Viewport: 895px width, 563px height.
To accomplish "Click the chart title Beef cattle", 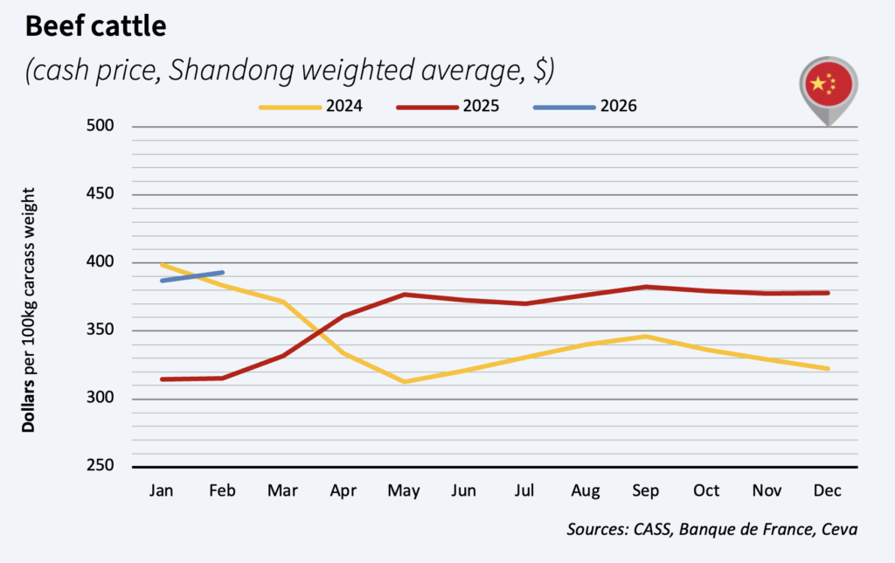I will [x=95, y=26].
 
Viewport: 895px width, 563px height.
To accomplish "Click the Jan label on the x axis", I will [x=162, y=491].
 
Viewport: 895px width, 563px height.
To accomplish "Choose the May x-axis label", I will [x=403, y=491].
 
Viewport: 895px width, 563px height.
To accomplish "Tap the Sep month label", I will [x=645, y=491].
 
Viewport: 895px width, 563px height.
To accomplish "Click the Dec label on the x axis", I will [x=827, y=491].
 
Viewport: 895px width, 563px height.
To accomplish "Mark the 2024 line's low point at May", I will [x=403, y=381].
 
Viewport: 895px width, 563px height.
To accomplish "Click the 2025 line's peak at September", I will [x=645, y=287].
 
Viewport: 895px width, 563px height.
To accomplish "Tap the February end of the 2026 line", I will [x=223, y=273].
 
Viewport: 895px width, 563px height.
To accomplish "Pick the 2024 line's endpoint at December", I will [x=827, y=368].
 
